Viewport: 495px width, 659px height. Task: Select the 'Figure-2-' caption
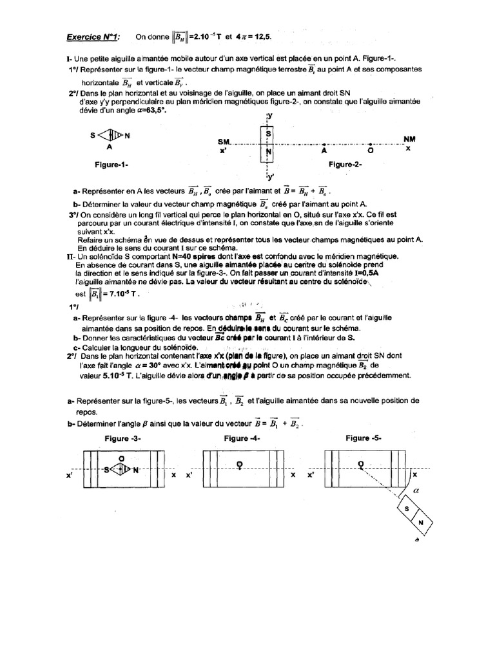click(x=345, y=165)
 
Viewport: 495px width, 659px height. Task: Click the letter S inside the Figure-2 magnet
click(x=268, y=133)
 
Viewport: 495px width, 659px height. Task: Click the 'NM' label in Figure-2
click(x=409, y=138)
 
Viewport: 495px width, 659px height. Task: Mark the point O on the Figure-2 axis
click(x=369, y=145)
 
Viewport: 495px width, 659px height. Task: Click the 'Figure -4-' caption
click(x=242, y=438)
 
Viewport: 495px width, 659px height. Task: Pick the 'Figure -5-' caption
click(x=363, y=438)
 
